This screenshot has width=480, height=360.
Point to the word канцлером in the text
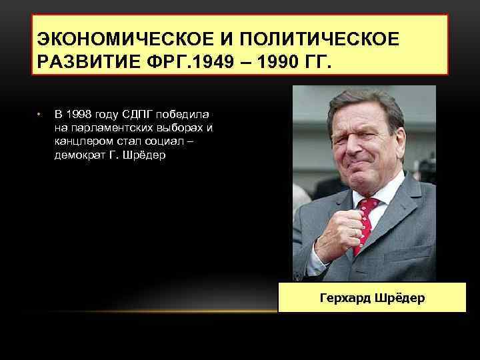tap(81, 141)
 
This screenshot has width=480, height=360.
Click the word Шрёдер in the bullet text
tap(145, 155)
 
